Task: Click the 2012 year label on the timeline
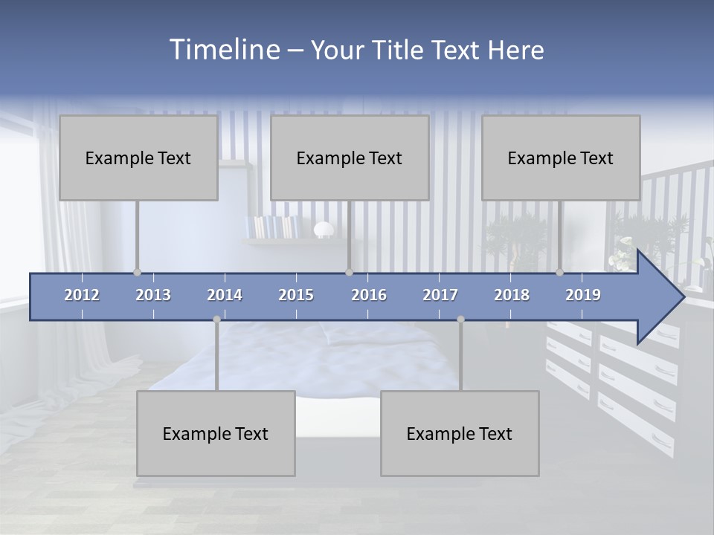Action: (82, 295)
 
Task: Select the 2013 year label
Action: (153, 295)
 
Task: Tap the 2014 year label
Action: (225, 295)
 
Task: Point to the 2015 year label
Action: (296, 295)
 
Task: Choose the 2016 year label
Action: (369, 295)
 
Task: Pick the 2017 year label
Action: (440, 295)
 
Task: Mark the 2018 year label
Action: (512, 295)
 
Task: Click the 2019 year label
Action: (583, 295)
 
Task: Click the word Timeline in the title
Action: (223, 50)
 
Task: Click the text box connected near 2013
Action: (138, 158)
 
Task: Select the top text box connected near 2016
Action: (350, 158)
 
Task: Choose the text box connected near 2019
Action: (561, 158)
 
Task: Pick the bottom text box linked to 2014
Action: (216, 433)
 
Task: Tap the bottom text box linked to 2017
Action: (460, 433)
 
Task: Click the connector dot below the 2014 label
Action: (216, 320)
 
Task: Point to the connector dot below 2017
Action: (460, 320)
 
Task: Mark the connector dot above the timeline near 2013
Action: (137, 273)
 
